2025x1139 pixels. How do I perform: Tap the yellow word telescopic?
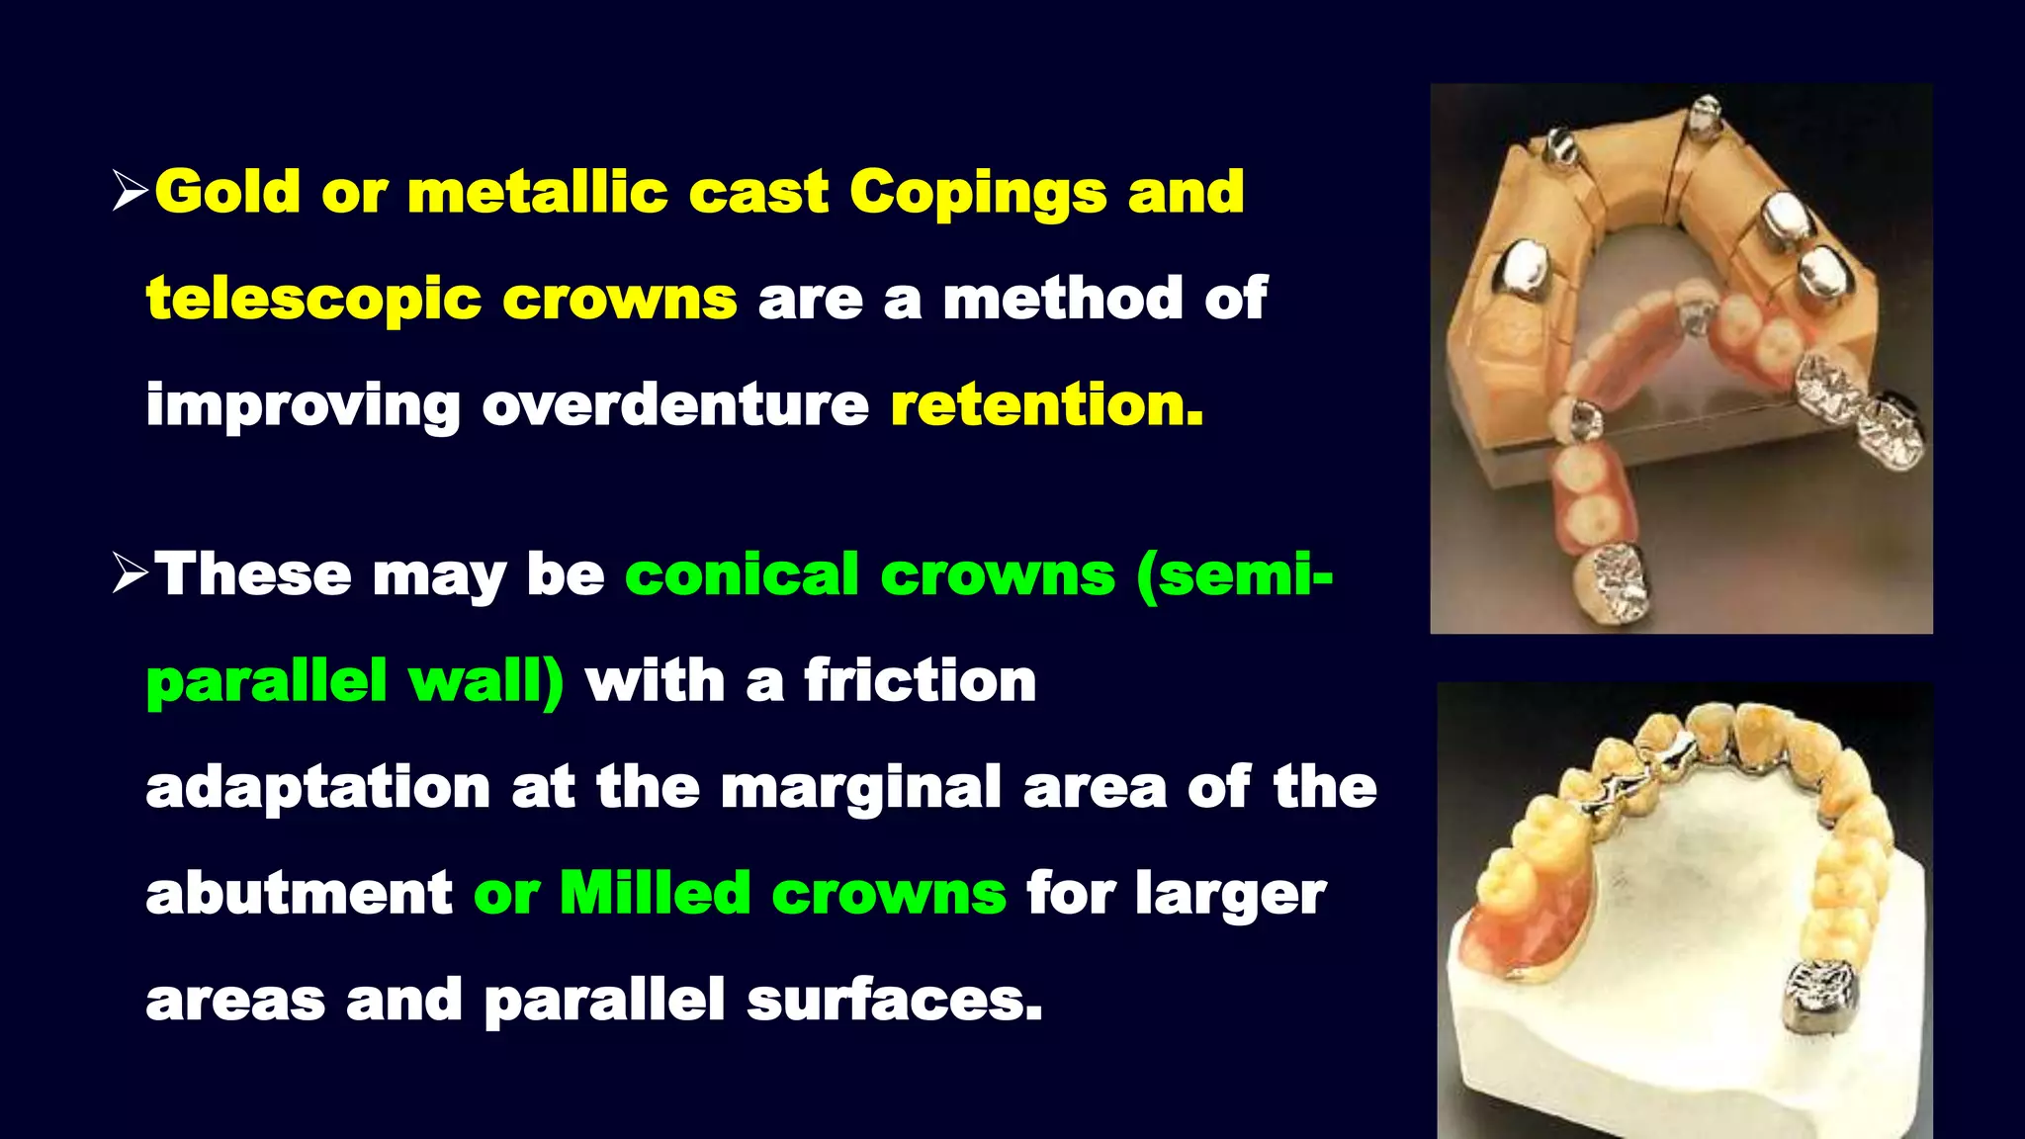coord(313,300)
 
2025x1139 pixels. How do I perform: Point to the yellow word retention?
coord(1047,404)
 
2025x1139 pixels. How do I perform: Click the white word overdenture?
coord(675,404)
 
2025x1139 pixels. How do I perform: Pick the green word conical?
coord(742,574)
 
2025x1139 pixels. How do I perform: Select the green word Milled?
coord(655,893)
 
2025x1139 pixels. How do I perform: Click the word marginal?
coord(861,787)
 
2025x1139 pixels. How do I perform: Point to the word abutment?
coord(299,893)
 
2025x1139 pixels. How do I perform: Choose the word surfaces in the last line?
coord(894,1000)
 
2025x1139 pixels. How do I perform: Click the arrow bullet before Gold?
coord(130,190)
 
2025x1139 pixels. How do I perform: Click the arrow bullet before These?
coord(130,573)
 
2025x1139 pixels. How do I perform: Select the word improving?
coord(303,406)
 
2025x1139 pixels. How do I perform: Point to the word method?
coord(1062,299)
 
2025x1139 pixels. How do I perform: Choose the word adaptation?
coord(317,789)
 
